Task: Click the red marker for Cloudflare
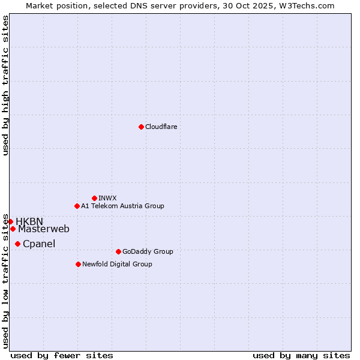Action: [x=141, y=127]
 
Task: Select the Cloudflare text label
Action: [x=161, y=127]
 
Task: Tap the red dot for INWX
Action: [x=94, y=198]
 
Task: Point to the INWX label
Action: [x=107, y=198]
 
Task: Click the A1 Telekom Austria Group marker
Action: [x=77, y=206]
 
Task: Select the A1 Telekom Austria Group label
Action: [x=122, y=206]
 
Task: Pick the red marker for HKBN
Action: [x=10, y=221]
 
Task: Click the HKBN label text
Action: [x=29, y=221]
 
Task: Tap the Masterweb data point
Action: [x=13, y=229]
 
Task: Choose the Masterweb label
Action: [x=44, y=229]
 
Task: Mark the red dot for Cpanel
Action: [x=17, y=244]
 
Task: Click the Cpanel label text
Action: [x=39, y=244]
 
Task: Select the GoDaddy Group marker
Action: [x=118, y=251]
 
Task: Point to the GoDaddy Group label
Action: [x=148, y=251]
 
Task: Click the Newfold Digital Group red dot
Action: [x=78, y=264]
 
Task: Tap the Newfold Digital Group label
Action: [x=117, y=264]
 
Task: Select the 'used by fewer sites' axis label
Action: [x=62, y=355]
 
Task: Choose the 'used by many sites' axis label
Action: [x=301, y=355]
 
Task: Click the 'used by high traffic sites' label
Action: [x=5, y=85]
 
